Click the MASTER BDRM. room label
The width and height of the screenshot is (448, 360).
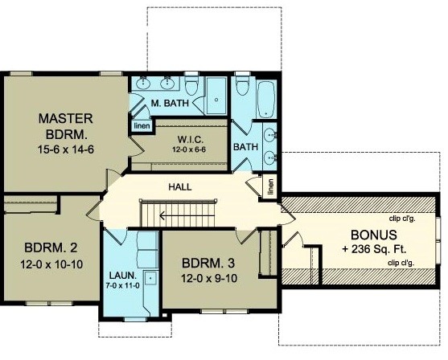pos(66,126)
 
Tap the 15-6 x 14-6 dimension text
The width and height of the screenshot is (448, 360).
pos(66,149)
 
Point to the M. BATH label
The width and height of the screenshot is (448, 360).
pos(170,103)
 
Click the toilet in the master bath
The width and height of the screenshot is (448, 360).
pos(191,84)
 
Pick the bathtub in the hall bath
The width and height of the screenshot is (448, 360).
pos(266,100)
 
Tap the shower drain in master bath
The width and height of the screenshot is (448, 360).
pos(216,100)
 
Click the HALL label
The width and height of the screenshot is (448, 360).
pos(180,187)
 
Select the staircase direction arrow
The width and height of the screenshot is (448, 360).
pos(187,216)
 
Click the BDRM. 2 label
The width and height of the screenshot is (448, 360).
pos(51,247)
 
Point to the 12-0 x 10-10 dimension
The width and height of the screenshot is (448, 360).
pos(51,264)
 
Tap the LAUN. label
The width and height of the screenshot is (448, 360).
pos(123,276)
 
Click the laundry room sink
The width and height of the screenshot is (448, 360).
pos(150,277)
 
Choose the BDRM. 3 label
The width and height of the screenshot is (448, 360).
pos(208,263)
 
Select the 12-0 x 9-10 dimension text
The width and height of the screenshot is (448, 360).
pos(209,278)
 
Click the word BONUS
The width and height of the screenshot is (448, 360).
pos(374,235)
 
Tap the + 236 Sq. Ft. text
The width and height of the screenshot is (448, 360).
pos(374,249)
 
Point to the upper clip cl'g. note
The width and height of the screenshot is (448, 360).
pos(402,219)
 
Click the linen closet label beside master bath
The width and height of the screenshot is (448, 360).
pos(142,126)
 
